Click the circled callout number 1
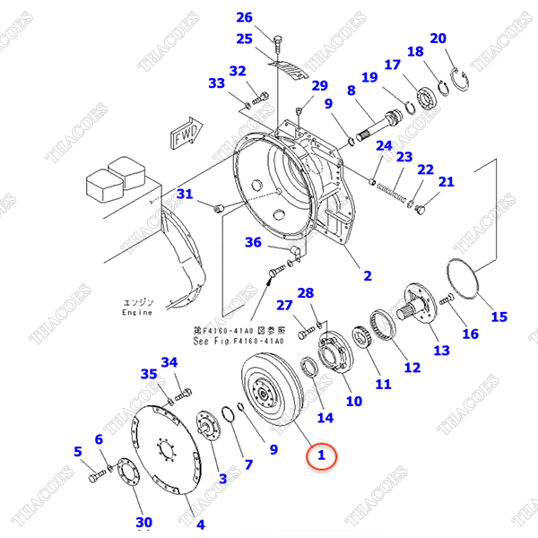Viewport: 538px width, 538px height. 321,456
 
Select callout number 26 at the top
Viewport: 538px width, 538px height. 245,17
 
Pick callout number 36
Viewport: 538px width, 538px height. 253,242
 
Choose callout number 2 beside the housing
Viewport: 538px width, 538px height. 367,274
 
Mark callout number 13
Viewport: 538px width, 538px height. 441,350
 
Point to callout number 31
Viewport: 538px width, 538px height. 184,194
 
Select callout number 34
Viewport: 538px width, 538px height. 169,362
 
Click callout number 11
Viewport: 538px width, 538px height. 383,384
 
